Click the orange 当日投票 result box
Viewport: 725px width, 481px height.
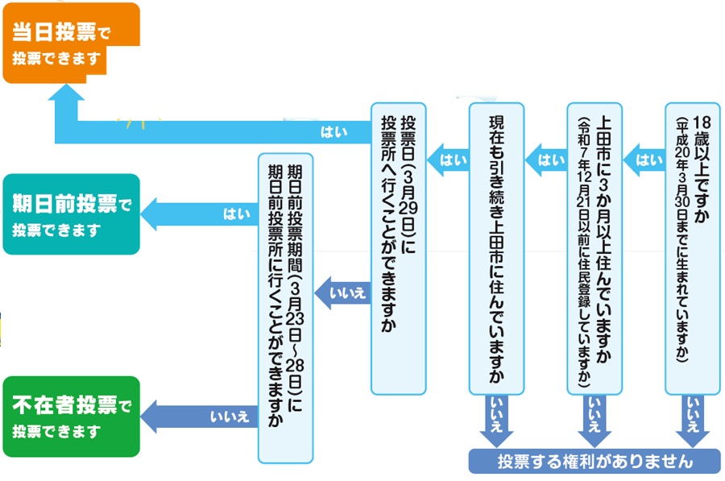click(x=71, y=42)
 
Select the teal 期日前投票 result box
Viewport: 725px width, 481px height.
click(x=71, y=214)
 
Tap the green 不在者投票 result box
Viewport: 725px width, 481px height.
click(x=71, y=416)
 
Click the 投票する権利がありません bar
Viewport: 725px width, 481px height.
click(x=594, y=462)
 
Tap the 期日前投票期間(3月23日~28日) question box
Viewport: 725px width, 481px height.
click(x=284, y=306)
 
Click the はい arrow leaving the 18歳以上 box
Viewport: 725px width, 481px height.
click(x=644, y=159)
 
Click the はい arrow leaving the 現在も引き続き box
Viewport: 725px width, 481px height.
click(x=449, y=159)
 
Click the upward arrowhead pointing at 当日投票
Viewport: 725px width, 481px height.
click(x=64, y=101)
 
